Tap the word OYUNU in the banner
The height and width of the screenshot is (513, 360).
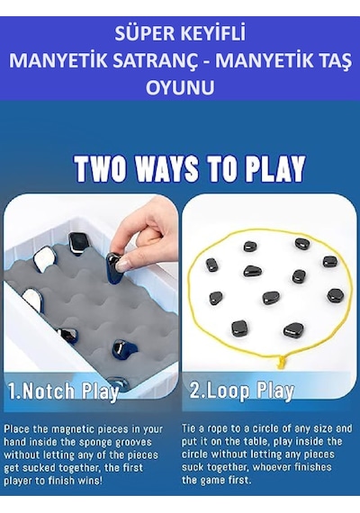(x=180, y=87)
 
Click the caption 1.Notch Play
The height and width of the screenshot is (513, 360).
(x=63, y=391)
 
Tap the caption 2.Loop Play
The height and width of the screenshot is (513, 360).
(x=242, y=391)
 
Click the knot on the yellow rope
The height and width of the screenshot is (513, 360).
(x=281, y=362)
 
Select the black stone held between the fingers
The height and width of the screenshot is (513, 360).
(x=115, y=266)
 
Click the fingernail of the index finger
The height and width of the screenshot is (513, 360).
(x=123, y=265)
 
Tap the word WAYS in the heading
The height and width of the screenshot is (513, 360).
(x=167, y=168)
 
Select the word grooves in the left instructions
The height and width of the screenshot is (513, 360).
(x=135, y=443)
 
